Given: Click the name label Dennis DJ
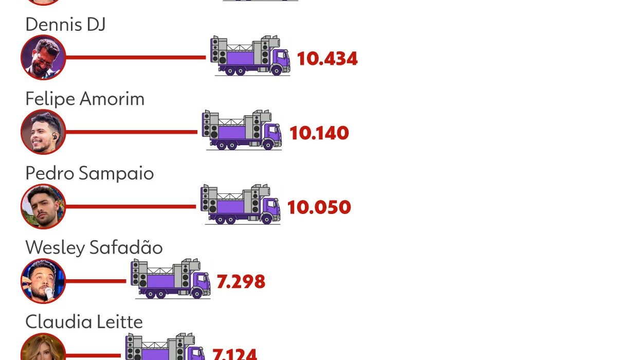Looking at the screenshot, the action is click(x=66, y=24).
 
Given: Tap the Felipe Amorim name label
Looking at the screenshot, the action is click(x=85, y=99).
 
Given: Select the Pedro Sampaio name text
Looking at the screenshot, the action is click(x=89, y=173).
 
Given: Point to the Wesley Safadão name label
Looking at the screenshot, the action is click(x=94, y=247).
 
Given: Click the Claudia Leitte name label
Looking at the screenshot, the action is click(x=84, y=322).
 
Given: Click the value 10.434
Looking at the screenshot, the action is click(x=327, y=59).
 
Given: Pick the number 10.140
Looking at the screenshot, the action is click(x=319, y=133).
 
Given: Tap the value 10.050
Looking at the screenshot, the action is click(x=319, y=207).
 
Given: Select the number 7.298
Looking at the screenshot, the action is click(x=241, y=281).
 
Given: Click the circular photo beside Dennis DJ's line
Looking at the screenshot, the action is click(x=43, y=57).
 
